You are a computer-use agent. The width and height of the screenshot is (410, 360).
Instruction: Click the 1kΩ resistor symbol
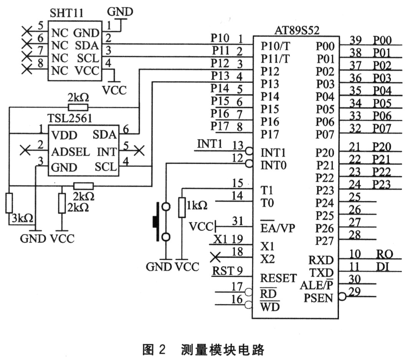(182, 208)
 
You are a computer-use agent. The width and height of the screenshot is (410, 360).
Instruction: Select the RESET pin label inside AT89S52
(278, 278)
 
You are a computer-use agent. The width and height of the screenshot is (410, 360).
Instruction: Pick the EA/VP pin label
(275, 228)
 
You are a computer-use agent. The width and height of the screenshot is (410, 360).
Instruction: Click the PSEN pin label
(318, 298)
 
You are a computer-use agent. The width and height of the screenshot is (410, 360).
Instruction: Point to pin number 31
(238, 221)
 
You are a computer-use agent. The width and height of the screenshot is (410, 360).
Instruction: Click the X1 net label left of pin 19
(220, 239)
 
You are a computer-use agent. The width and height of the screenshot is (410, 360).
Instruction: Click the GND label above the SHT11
(120, 12)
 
